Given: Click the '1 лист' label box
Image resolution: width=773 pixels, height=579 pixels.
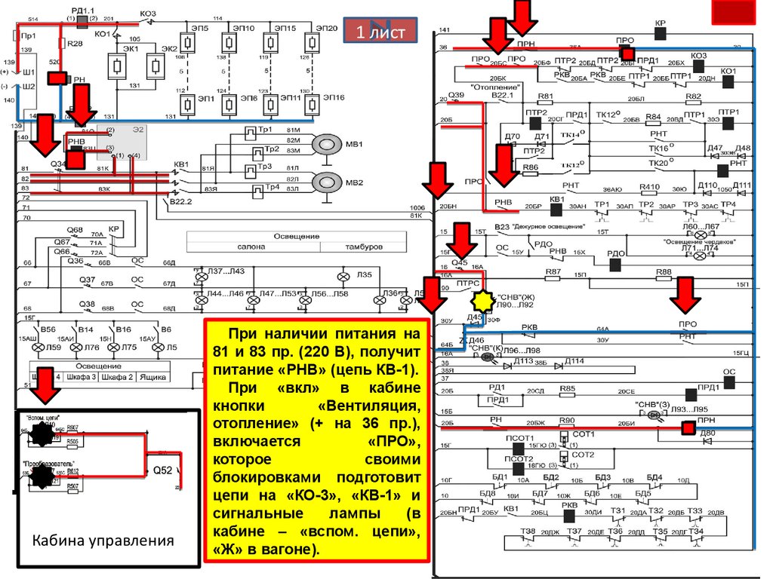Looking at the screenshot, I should coord(381,32).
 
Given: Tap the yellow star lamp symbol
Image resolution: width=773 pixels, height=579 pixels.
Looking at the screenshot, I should coord(482,302).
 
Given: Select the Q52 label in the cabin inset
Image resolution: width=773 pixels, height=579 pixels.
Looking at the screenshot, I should coord(164,470).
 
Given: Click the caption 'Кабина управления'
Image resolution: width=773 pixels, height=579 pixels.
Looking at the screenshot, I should coord(103,541).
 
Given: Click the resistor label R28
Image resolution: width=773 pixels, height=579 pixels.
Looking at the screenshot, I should coord(75,44).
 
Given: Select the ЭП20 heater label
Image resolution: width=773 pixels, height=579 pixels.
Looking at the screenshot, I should coord(328,28).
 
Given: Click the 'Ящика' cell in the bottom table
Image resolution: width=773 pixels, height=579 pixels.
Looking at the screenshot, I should coord(152,376).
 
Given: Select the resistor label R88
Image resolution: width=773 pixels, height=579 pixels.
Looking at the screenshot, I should coord(664,271).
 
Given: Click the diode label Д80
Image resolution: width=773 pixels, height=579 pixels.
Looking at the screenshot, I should coord(707,433).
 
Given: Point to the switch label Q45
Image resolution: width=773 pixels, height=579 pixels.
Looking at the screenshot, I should coord(460,263).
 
